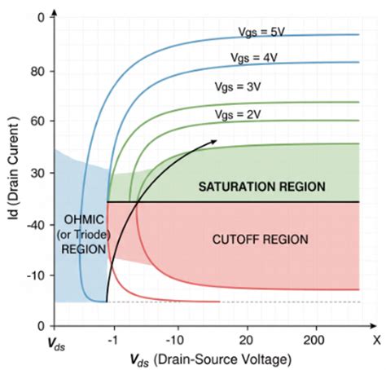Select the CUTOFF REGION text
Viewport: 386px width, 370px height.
[x=261, y=239]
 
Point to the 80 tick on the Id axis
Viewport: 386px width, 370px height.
[x=37, y=72]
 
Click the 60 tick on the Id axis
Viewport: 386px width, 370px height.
[x=37, y=121]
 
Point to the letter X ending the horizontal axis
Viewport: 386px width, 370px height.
[x=376, y=337]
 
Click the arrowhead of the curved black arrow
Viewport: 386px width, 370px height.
[x=214, y=141]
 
